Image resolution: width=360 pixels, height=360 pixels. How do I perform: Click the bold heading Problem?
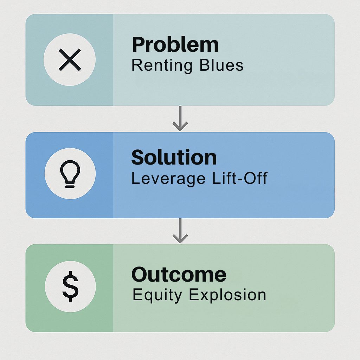click(x=175, y=45)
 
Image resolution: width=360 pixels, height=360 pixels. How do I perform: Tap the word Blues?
click(x=221, y=65)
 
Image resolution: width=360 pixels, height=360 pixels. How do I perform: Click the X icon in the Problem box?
click(x=70, y=59)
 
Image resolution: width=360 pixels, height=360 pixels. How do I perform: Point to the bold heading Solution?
click(x=174, y=157)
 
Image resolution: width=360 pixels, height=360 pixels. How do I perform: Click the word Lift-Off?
click(x=240, y=178)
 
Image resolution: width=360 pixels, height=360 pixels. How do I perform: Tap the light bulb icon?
click(x=70, y=174)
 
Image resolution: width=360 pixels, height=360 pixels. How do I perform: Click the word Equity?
click(x=157, y=295)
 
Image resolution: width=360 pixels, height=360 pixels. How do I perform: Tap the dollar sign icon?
click(x=70, y=286)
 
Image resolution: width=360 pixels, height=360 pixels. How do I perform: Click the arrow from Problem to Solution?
click(x=180, y=118)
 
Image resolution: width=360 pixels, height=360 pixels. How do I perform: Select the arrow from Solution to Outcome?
click(x=180, y=231)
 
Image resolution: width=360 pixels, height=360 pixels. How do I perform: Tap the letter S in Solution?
click(x=139, y=157)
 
